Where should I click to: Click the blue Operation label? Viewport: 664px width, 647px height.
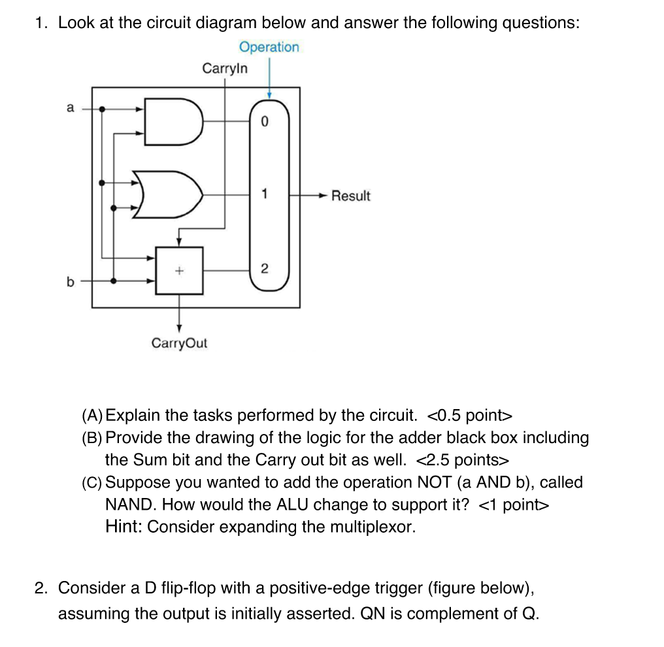[269, 47]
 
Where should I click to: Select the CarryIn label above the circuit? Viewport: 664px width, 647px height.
[225, 69]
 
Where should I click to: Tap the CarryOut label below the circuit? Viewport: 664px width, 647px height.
[179, 343]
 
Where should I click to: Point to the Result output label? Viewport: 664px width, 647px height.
[350, 195]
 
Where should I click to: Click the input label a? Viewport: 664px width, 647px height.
[70, 108]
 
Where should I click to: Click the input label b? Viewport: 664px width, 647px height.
[70, 282]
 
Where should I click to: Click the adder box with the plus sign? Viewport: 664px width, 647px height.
[179, 270]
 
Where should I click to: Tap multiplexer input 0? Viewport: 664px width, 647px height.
[264, 122]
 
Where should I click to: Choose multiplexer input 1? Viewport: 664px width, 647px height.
[264, 194]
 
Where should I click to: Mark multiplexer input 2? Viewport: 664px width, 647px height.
[264, 269]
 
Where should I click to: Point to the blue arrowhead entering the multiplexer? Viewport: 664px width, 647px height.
[269, 95]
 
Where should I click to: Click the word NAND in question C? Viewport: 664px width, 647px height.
[128, 505]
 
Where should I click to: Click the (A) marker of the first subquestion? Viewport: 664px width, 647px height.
[92, 416]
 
